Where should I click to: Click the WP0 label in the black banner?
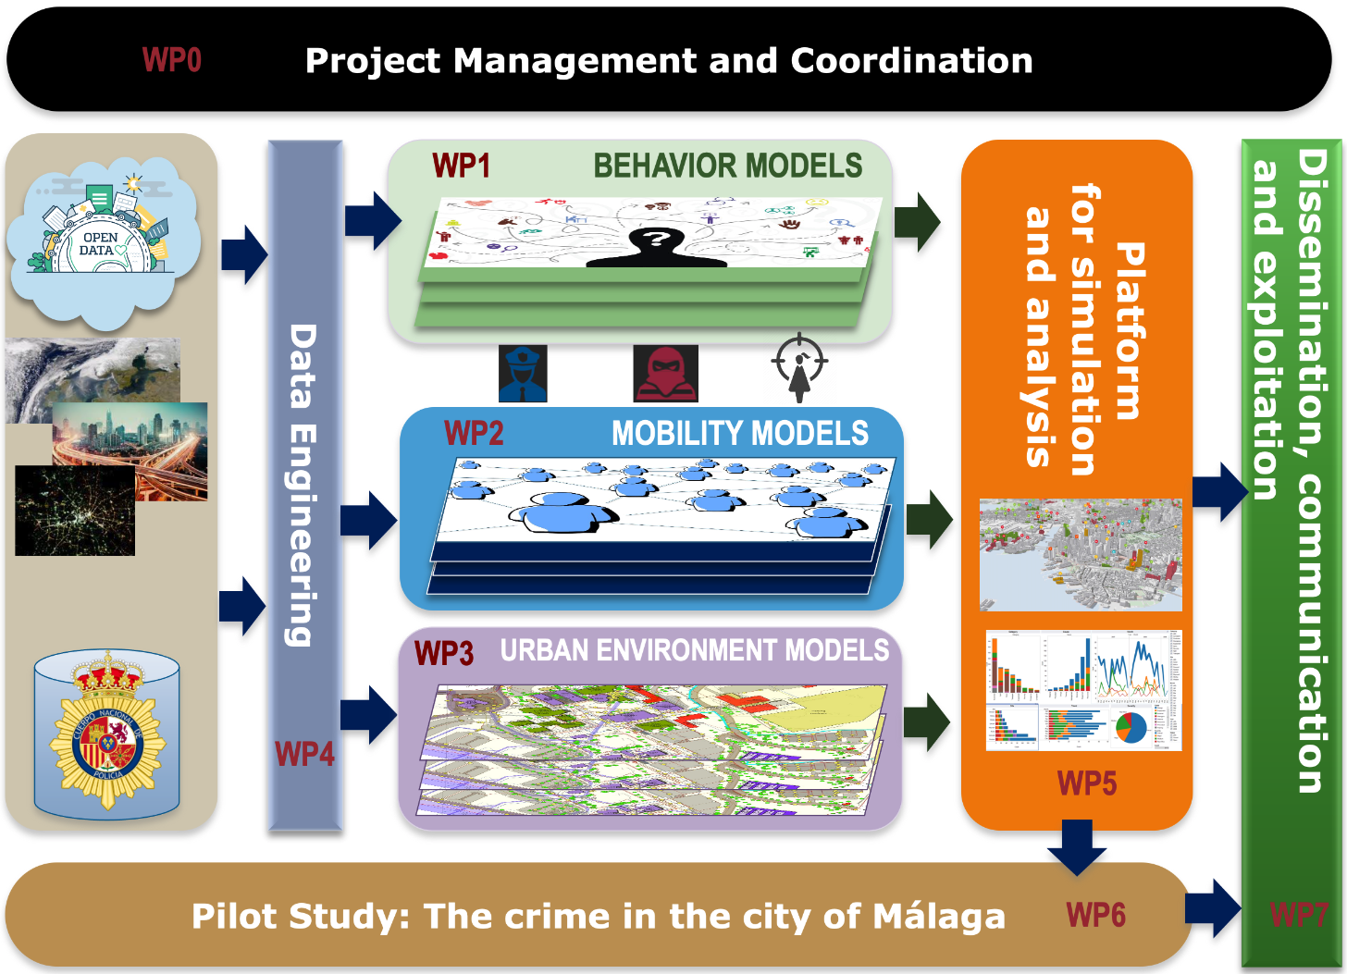tap(172, 60)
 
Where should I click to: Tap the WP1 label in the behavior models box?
tap(461, 166)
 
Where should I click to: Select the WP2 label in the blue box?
tap(474, 433)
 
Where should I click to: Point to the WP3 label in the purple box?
tap(444, 653)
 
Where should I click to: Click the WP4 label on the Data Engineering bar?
tap(304, 754)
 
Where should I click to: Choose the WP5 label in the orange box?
tap(1087, 783)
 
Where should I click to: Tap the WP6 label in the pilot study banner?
tap(1096, 915)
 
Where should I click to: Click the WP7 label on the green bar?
tap(1298, 915)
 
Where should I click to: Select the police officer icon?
tap(523, 374)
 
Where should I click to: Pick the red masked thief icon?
tap(665, 374)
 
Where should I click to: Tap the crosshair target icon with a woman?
tap(799, 367)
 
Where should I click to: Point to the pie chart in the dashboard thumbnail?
tap(1131, 727)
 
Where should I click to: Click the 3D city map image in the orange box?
tap(1081, 555)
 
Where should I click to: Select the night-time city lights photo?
tap(75, 511)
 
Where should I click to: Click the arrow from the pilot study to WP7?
tap(1213, 908)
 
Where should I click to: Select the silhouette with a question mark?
tap(656, 245)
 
